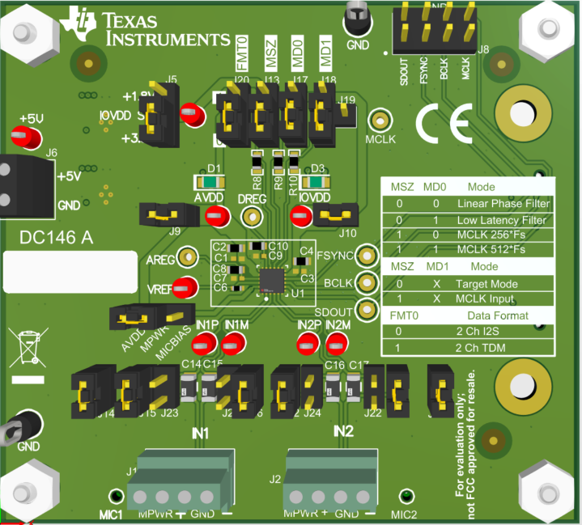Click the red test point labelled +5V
pyautogui.click(x=27, y=138)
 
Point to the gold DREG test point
pyautogui.click(x=253, y=217)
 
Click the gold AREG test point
pyautogui.click(x=188, y=257)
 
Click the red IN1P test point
pyautogui.click(x=207, y=345)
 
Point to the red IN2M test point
pyautogui.click(x=335, y=345)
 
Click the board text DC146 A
pyautogui.click(x=57, y=238)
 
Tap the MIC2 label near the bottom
pyautogui.click(x=404, y=514)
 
